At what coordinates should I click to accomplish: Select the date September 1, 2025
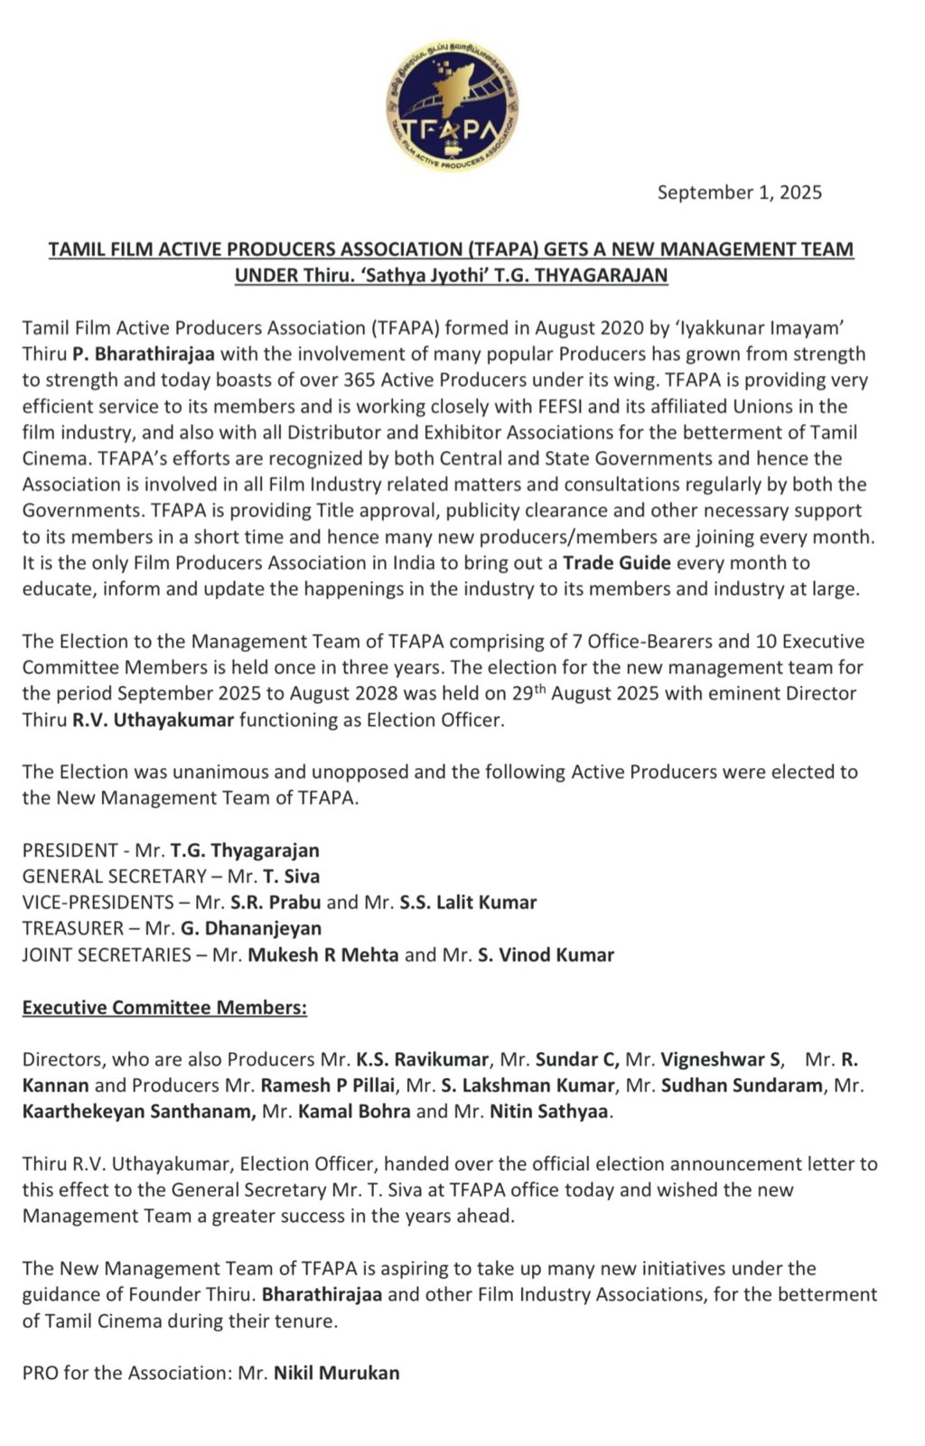pos(739,192)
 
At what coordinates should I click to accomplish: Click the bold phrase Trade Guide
pos(617,563)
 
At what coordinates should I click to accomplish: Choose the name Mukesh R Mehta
pos(323,954)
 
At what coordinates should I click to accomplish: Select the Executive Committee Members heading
pos(164,1007)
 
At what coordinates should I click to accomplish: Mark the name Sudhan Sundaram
pos(742,1085)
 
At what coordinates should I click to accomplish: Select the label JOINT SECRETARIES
pos(107,954)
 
